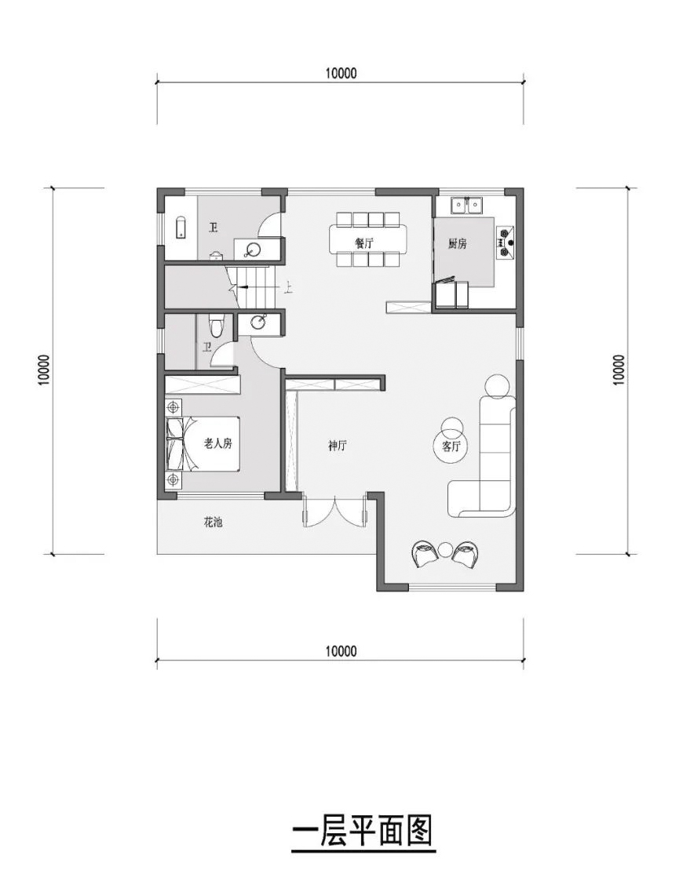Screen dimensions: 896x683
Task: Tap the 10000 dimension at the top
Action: (340, 74)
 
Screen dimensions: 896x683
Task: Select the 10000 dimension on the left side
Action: (43, 370)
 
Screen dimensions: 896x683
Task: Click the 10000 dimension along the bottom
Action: (340, 651)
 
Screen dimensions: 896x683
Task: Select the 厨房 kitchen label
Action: (458, 244)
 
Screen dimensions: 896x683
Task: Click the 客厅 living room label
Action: (451, 446)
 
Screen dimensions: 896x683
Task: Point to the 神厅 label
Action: (338, 446)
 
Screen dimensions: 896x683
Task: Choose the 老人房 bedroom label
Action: (217, 443)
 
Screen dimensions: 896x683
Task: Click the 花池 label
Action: (213, 522)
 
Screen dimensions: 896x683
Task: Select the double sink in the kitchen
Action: (466, 206)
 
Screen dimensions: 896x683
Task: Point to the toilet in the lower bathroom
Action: (217, 325)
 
